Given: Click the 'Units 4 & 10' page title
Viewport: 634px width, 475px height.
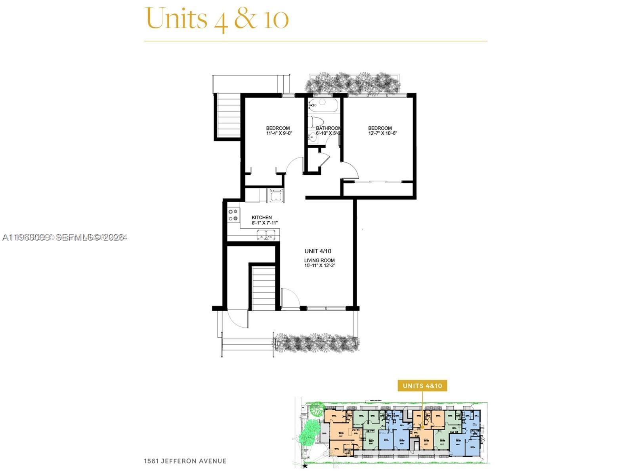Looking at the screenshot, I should tap(217, 19).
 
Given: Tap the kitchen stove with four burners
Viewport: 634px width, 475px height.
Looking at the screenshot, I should tap(233, 215).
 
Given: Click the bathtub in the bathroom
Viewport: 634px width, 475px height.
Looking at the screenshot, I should tap(323, 105).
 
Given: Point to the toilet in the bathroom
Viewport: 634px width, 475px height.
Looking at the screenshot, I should tap(317, 121).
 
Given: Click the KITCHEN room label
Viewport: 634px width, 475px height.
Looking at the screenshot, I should tap(262, 217).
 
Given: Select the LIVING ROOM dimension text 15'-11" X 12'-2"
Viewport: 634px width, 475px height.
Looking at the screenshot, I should tap(319, 266).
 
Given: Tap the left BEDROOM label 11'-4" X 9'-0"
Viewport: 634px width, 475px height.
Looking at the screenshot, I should tap(278, 131).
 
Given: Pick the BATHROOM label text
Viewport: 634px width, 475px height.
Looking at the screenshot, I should tap(328, 128).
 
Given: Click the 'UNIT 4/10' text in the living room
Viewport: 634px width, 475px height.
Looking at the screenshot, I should tap(318, 251).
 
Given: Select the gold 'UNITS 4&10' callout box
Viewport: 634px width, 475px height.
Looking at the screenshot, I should tap(422, 386).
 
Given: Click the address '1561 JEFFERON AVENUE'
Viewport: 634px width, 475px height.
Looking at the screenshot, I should tap(185, 461).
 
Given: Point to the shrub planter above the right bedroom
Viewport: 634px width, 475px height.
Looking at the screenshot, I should tap(353, 83).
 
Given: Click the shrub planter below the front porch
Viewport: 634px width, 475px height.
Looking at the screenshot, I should tap(317, 342).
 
